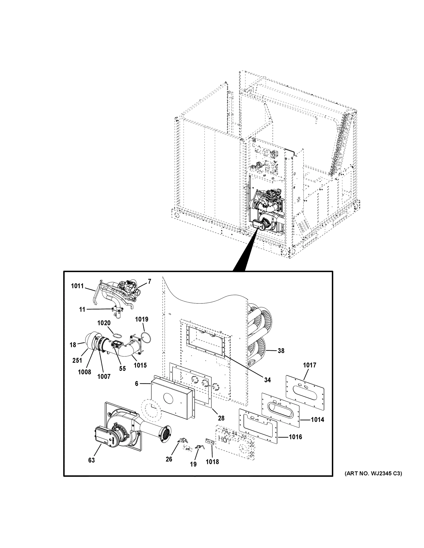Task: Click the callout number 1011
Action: (x=77, y=286)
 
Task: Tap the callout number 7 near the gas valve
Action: (x=149, y=282)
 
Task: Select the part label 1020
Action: (x=104, y=323)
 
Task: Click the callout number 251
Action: (x=77, y=360)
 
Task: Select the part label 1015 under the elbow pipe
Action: (x=140, y=365)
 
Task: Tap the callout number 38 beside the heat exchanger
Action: (x=281, y=351)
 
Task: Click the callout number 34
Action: (x=267, y=380)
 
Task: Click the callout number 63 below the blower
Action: (x=91, y=460)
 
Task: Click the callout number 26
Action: (x=169, y=459)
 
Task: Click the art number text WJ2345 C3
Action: (x=373, y=474)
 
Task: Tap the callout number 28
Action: (x=221, y=418)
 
